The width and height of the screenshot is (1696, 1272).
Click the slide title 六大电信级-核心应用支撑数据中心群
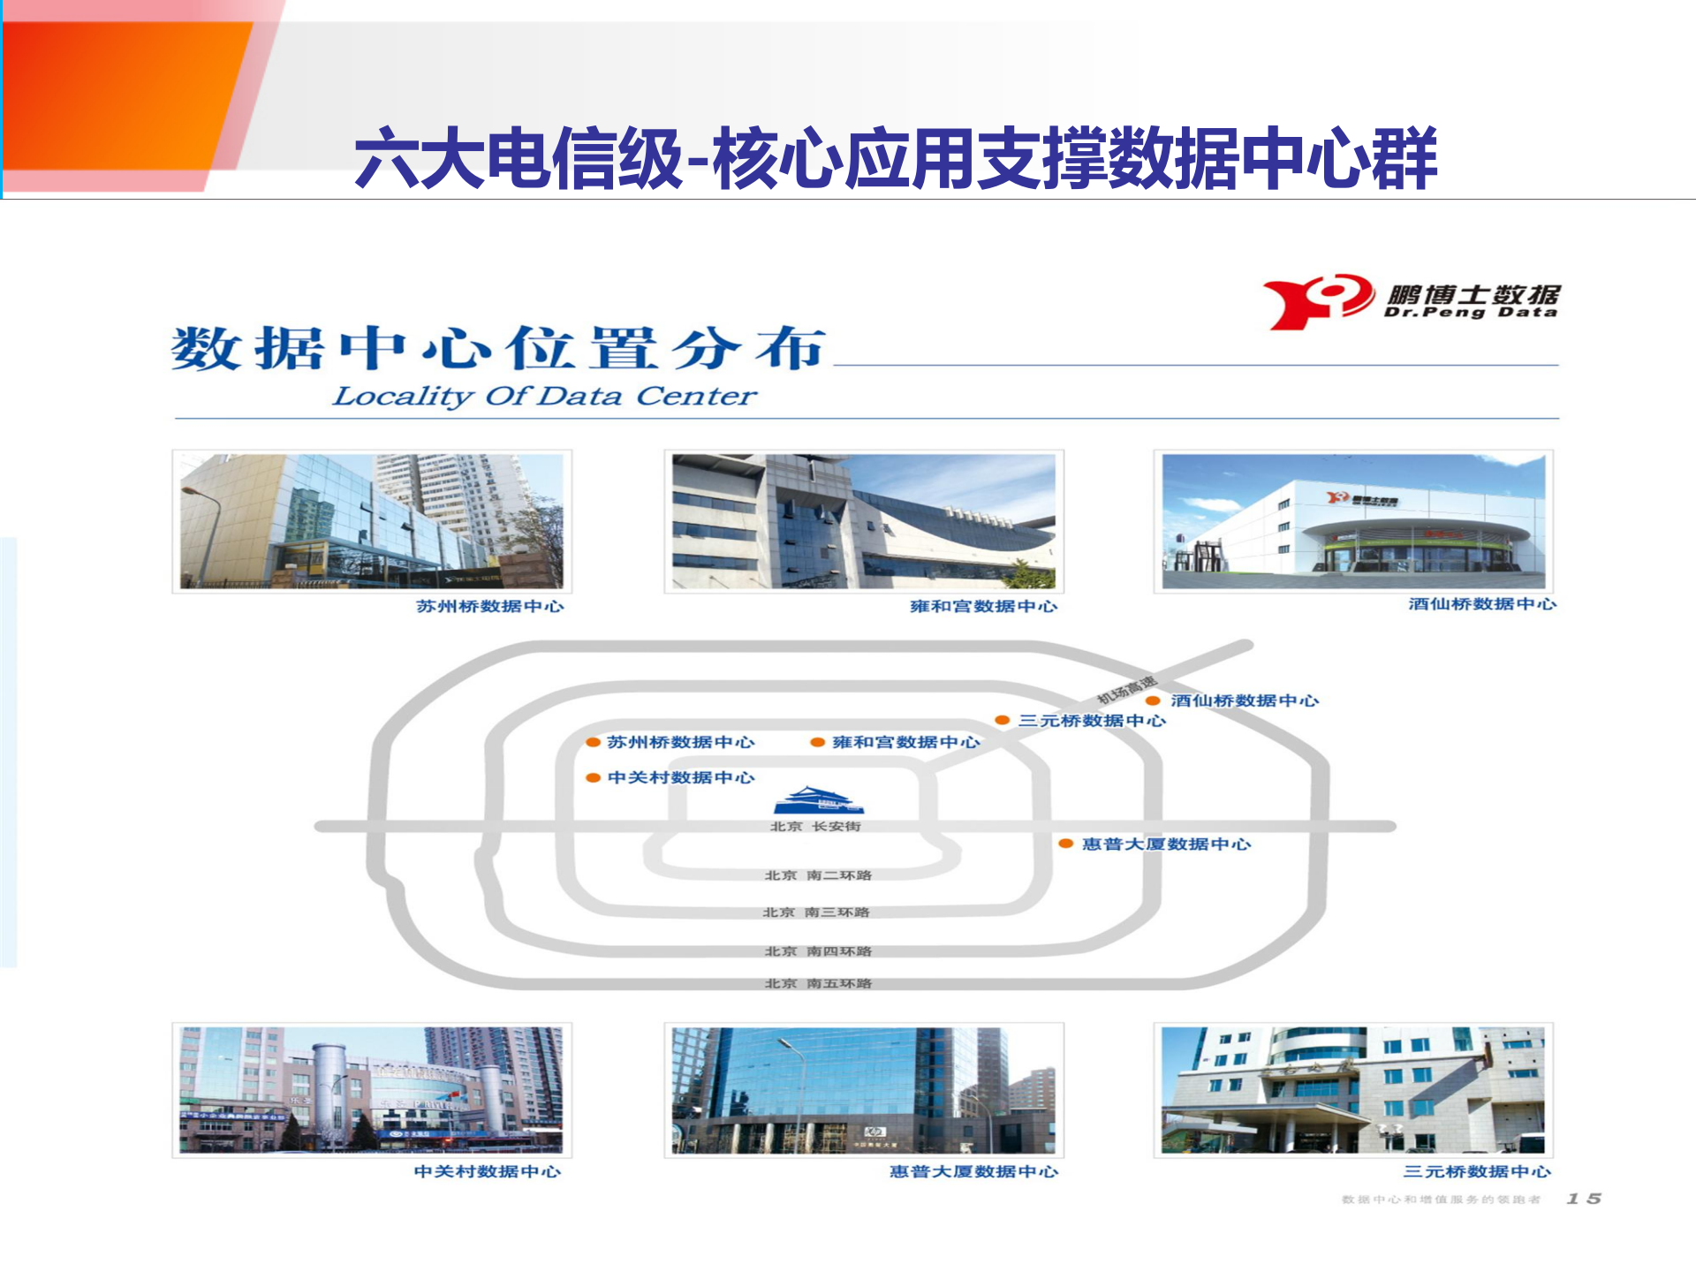tap(895, 159)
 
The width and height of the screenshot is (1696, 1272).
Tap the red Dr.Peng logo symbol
tap(1317, 300)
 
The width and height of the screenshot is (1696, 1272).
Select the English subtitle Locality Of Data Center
tap(544, 396)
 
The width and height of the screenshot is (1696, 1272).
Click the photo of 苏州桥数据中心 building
tap(372, 521)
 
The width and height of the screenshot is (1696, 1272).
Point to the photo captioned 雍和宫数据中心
tap(863, 521)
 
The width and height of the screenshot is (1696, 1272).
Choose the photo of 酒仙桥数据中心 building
tap(1353, 521)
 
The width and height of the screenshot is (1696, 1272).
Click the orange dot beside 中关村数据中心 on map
tap(594, 778)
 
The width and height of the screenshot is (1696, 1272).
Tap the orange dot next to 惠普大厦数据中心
tap(1066, 844)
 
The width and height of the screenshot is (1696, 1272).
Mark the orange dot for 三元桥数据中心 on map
tap(1003, 721)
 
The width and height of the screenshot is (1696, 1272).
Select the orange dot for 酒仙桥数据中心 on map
tap(1153, 700)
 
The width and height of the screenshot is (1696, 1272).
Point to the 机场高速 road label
tap(1126, 690)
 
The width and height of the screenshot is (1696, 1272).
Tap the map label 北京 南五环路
tap(818, 983)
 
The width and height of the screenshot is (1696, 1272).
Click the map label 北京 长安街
tap(815, 827)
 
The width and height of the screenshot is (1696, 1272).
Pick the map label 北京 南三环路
tap(816, 912)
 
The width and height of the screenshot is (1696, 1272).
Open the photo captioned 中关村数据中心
tap(372, 1089)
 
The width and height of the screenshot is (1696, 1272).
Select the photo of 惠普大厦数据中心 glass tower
tap(863, 1089)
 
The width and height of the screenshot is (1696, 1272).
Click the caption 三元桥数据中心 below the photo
tap(1477, 1171)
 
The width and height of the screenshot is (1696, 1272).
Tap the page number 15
tap(1584, 1199)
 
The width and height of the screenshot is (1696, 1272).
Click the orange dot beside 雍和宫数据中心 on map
tap(818, 743)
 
